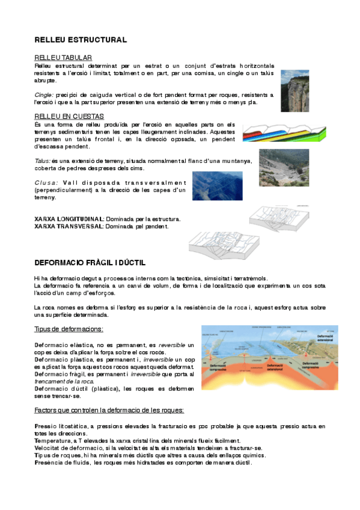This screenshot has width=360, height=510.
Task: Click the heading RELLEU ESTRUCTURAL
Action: coord(81,40)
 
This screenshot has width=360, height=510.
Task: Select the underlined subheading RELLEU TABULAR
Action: coord(62,57)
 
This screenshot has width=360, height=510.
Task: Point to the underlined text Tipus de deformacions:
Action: coord(69,329)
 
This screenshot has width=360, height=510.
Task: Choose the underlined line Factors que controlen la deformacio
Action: coord(109,410)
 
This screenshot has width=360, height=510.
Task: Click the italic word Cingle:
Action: coord(44,95)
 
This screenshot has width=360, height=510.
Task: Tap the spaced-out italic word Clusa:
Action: coord(46,182)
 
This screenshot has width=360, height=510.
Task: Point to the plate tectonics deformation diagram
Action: coord(263,363)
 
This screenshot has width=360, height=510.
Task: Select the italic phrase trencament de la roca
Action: coord(64,381)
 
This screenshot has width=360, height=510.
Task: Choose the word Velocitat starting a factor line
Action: coord(50,448)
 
